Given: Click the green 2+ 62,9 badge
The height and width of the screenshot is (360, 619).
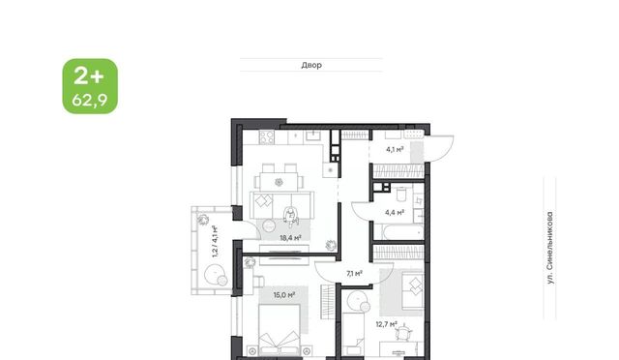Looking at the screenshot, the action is (90, 86).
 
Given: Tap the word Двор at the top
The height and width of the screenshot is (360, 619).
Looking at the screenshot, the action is (311, 65).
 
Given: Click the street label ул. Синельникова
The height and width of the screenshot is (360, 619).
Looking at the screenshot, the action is (550, 248).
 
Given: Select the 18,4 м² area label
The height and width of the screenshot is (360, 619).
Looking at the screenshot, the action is (290, 238).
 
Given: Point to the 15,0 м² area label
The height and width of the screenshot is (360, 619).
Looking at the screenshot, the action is (284, 295).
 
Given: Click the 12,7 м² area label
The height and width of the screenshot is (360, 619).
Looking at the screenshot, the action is (387, 325).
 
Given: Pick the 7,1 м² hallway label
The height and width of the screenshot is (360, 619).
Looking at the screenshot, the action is (355, 273).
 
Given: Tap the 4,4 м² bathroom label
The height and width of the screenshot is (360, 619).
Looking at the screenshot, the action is (395, 213).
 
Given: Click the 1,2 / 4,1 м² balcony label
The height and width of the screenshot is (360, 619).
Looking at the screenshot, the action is (215, 241).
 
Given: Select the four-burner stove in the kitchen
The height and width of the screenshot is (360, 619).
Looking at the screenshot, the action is (267, 137).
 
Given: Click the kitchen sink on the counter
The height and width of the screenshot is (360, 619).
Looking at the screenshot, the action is (313, 136).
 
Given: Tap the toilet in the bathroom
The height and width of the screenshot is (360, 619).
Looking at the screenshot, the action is (401, 195).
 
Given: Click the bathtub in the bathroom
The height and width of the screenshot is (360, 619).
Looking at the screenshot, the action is (398, 232).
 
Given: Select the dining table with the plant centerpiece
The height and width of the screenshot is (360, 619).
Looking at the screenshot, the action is (280, 182).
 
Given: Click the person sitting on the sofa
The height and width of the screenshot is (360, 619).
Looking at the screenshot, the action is (290, 217).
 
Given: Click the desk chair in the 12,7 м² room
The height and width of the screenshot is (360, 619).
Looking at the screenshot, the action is (403, 333).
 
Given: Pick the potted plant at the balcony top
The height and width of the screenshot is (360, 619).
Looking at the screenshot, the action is (203, 219).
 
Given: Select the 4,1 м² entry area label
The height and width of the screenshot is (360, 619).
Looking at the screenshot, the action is (395, 149).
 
